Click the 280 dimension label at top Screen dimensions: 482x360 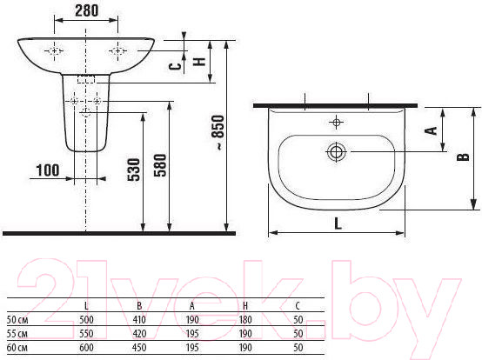pos(87,10)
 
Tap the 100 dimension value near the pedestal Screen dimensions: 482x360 pos(48,170)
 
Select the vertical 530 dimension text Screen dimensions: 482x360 pos(134,170)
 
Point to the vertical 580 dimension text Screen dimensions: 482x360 pos(160,165)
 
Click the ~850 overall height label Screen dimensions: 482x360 pos(218,132)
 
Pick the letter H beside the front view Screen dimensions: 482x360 pos(199,61)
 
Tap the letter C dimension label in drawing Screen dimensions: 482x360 pos(175,66)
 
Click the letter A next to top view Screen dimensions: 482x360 pos(431,130)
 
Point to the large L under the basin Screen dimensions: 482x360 pos(338,223)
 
